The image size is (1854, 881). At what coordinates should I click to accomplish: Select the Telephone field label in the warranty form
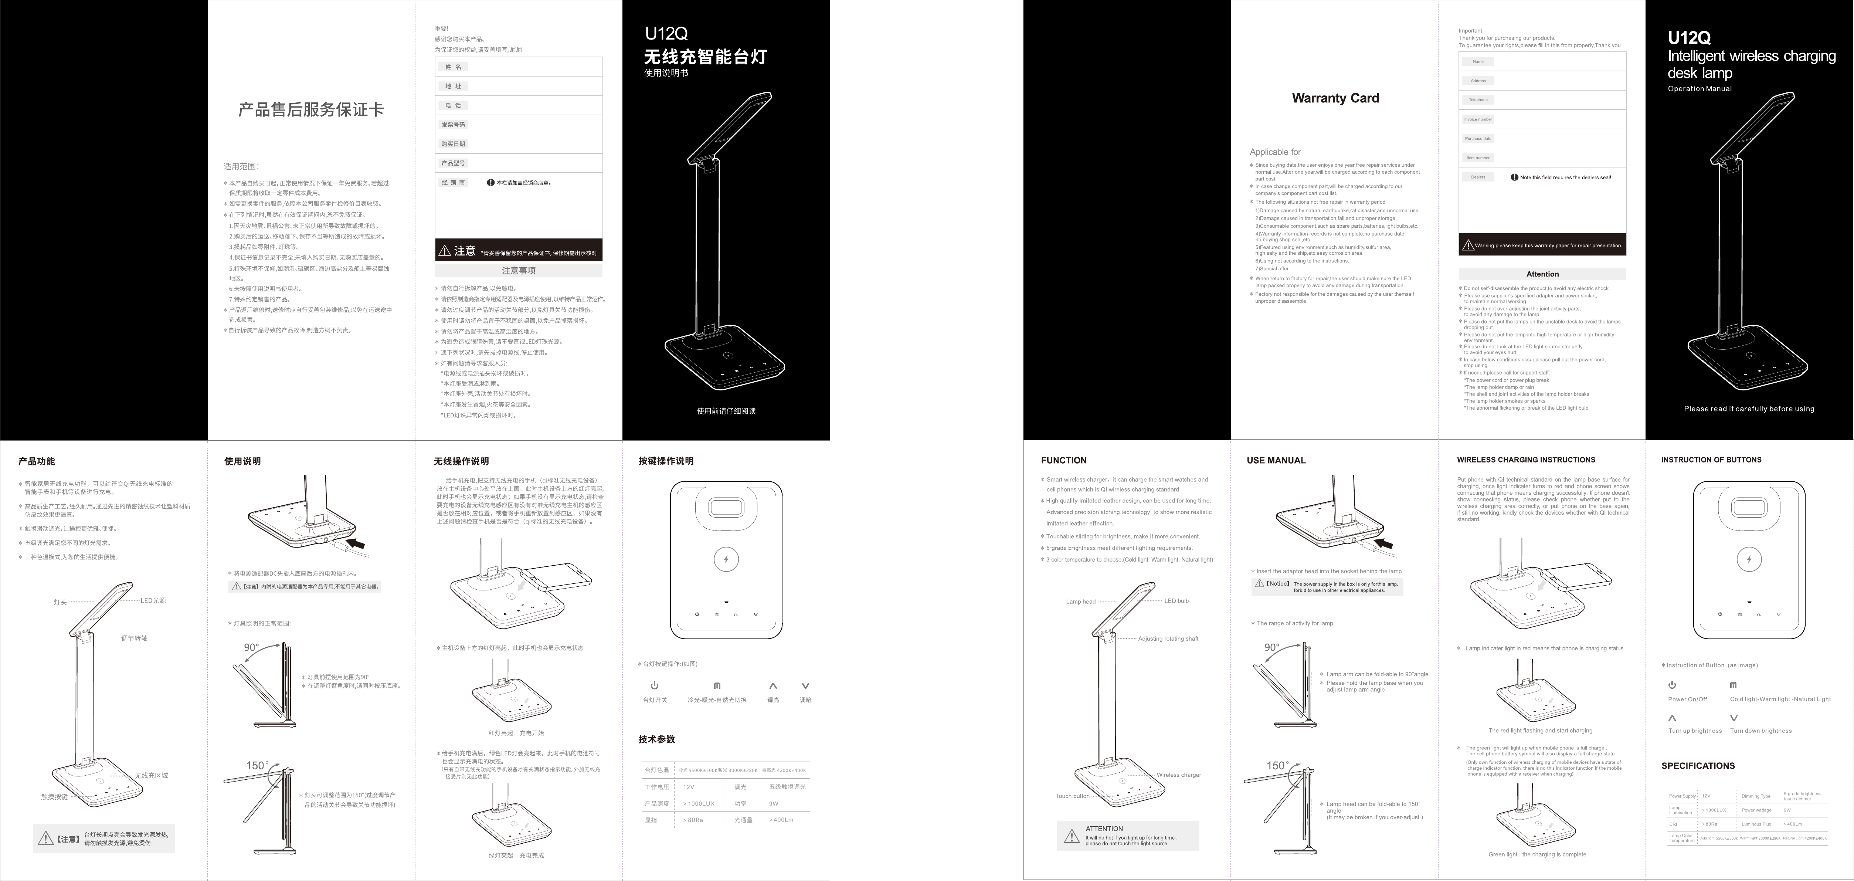(1478, 100)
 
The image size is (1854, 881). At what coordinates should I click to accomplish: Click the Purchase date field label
(1478, 138)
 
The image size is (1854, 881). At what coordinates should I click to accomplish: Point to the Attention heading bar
(1542, 274)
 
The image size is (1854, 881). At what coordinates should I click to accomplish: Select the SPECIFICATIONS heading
(1698, 766)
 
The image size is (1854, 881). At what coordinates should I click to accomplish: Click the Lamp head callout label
(1080, 602)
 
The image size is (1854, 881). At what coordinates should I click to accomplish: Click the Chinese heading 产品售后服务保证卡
(311, 109)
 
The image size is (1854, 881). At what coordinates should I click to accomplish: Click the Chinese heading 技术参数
(656, 739)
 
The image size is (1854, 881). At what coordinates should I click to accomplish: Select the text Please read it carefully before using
(1749, 409)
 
